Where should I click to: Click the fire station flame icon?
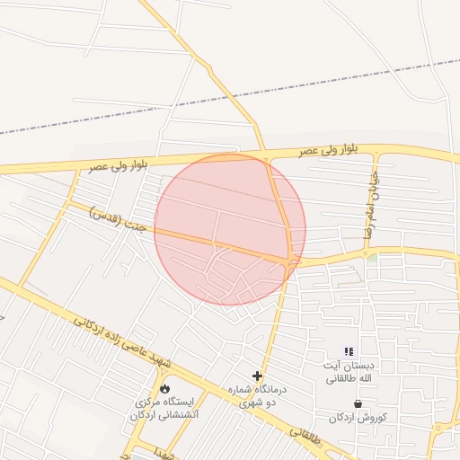(x=164, y=388)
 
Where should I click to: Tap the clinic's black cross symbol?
(x=258, y=376)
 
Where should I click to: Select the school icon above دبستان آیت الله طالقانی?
(x=349, y=351)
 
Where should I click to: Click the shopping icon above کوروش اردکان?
(x=358, y=404)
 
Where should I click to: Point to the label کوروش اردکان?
(x=358, y=418)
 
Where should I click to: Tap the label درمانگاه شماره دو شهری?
(x=260, y=396)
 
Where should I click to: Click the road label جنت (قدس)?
(x=108, y=216)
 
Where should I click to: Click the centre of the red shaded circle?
(x=230, y=229)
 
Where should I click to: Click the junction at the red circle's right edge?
(x=292, y=261)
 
